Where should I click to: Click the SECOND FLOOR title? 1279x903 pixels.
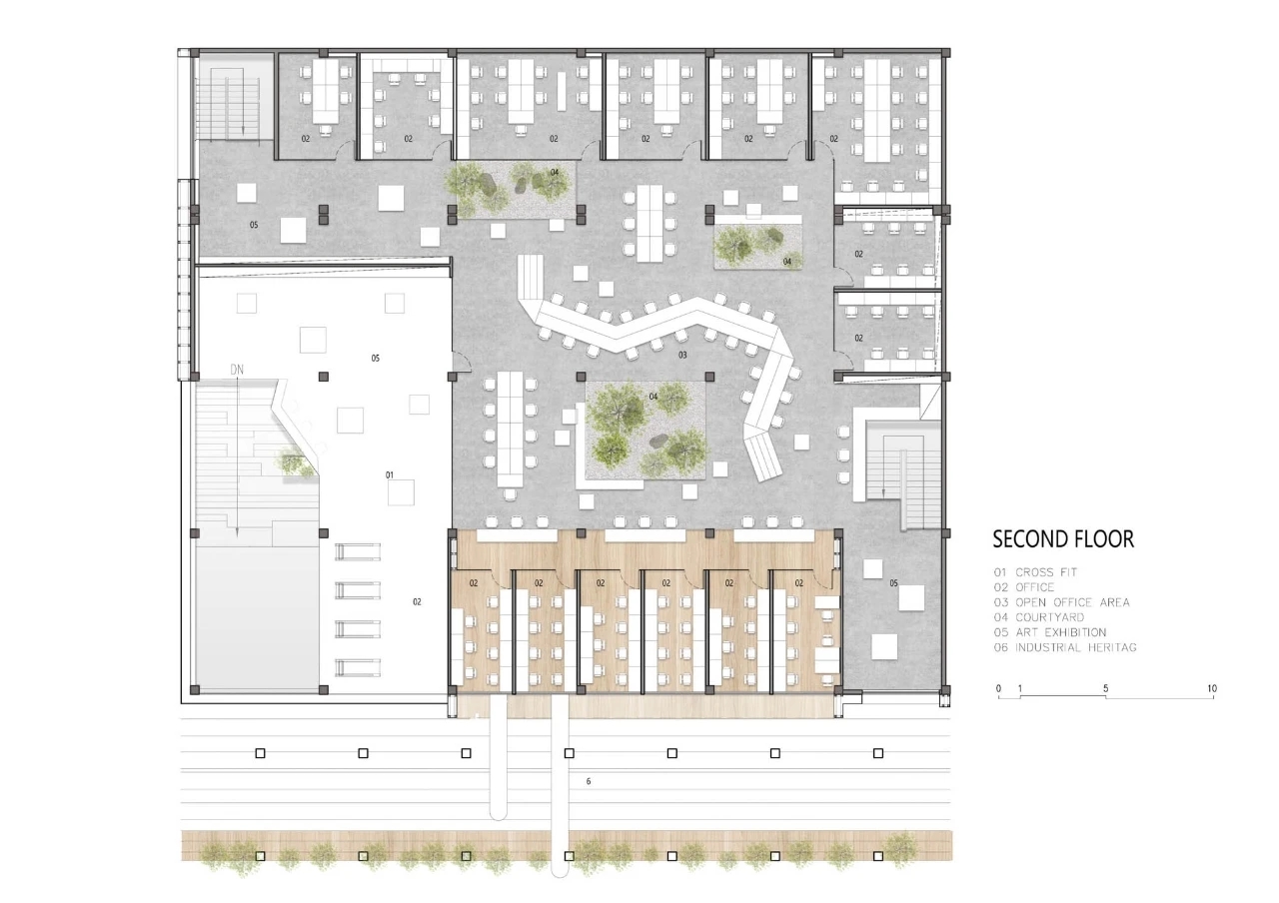1063,538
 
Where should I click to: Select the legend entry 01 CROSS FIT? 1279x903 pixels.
1035,572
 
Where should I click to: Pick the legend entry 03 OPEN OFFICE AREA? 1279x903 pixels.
1061,602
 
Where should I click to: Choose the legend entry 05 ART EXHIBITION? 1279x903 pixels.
1050,632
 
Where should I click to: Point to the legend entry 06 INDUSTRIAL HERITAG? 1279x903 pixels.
1065,648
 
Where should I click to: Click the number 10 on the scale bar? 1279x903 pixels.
1212,689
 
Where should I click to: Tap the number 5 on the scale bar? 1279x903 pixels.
1105,689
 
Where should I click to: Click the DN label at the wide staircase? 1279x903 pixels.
237,370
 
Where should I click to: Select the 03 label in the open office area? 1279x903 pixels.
682,355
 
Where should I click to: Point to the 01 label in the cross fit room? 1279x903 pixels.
390,474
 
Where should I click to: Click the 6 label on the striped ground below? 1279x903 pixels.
589,781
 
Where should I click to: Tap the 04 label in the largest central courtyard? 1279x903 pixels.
653,397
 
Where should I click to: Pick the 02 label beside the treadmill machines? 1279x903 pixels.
417,601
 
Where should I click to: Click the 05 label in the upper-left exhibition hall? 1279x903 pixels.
254,225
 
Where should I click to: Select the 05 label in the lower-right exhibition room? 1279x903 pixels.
893,583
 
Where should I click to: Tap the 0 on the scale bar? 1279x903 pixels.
998,689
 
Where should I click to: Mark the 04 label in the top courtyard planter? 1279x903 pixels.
555,173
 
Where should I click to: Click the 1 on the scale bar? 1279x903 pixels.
1020,689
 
